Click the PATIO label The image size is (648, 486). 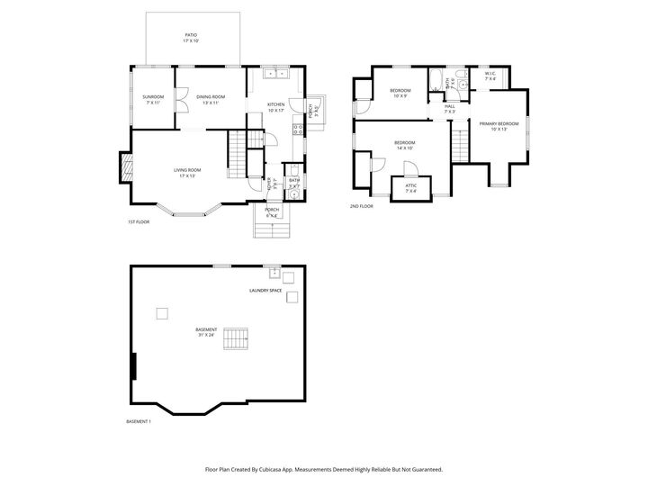[x=191, y=35]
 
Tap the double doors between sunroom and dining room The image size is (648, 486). [x=181, y=99]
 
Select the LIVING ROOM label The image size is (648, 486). [x=187, y=170]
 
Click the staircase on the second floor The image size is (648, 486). [x=461, y=142]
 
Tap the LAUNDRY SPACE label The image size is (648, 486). [x=265, y=291]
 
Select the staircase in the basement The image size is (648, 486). [x=236, y=339]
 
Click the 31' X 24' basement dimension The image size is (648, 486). [x=206, y=335]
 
